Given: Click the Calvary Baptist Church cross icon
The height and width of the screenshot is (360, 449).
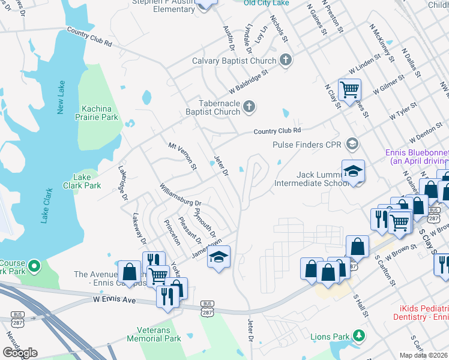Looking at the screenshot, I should pos(286,60).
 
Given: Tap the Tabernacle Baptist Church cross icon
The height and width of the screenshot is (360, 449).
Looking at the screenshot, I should pos(249,107).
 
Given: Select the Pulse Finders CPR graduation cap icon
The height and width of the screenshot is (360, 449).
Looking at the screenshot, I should pos(352,144).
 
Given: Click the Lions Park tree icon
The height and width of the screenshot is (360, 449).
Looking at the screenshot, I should pos(358,335).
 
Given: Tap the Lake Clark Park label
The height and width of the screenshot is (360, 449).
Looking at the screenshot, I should pos(82,181).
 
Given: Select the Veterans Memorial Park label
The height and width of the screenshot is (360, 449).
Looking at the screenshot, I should pos(154,334).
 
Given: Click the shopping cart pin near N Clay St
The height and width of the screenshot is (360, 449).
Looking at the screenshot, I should pos(349,91).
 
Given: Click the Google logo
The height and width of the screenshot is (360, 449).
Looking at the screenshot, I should pos(20,352).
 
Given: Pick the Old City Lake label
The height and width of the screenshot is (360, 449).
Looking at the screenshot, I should pos(267,3).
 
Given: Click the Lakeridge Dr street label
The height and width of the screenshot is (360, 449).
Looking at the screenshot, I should pos(123,184).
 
